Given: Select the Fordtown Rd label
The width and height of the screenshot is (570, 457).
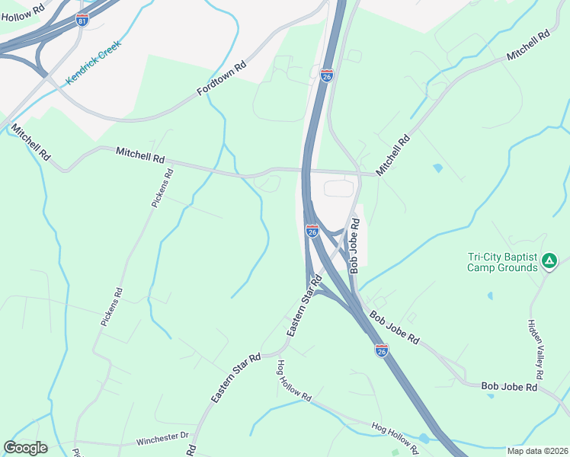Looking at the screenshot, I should pos(222,78).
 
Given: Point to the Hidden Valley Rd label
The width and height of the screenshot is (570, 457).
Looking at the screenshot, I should pos(536,347).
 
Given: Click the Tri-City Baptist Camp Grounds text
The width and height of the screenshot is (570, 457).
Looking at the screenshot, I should pos(502,263).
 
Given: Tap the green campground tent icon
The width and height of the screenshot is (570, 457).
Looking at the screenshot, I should pos(549,263).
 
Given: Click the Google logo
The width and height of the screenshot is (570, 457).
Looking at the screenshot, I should pos(25,448).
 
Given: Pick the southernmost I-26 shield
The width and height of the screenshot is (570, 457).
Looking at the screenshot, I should pos(382,350).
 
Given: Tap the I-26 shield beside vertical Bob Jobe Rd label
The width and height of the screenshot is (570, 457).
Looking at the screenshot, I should pos(312,230).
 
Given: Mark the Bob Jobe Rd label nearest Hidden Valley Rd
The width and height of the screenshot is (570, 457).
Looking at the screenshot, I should pos(509,387).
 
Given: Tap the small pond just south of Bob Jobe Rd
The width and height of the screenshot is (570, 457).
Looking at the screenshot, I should pos(424,439).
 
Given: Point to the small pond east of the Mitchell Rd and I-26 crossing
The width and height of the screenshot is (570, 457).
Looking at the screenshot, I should pos(437,167).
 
